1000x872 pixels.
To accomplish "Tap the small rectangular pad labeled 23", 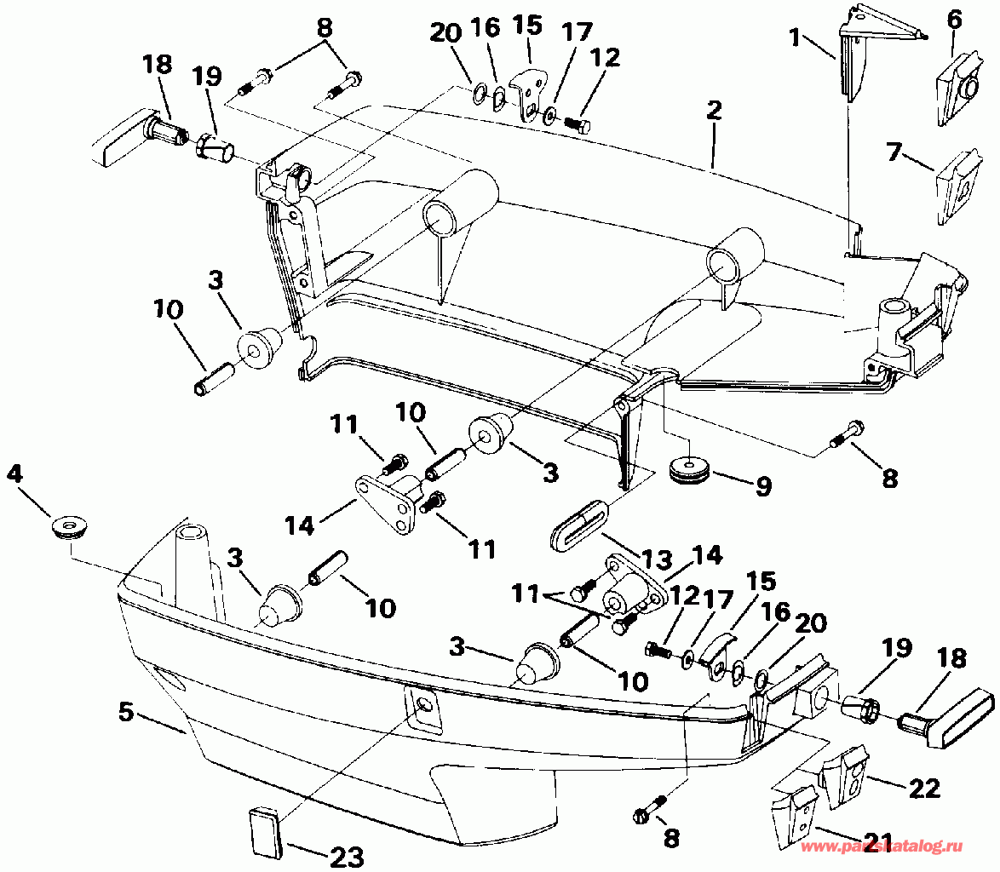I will coord(266,832).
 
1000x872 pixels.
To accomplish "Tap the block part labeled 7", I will coord(958,187).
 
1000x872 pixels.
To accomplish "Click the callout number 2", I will coord(714,111).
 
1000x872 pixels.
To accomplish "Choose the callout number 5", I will coord(126,712).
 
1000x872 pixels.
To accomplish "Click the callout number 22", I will coord(923,789).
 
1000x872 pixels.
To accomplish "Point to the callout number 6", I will coord(954,19).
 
